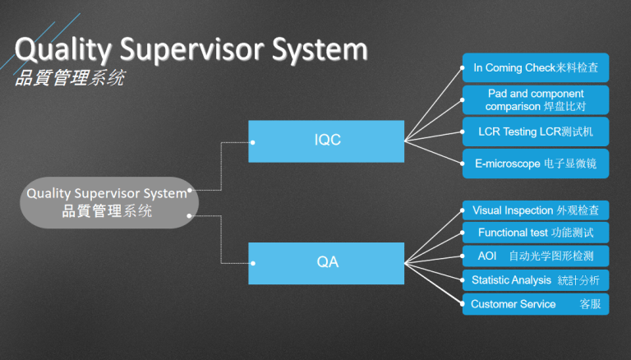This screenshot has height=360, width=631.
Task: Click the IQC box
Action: (327, 141)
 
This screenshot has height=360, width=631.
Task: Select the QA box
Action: (327, 263)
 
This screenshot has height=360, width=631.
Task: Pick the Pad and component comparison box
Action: (535, 100)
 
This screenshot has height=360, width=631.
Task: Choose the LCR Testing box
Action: (535, 132)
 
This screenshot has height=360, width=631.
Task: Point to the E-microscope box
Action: (535, 164)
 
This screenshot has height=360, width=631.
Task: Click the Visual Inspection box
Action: (535, 210)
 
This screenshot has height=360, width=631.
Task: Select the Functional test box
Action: (535, 233)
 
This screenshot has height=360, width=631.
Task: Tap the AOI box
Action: (535, 256)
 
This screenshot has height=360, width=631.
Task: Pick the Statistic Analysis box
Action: (535, 280)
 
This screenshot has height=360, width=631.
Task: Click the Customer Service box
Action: (535, 304)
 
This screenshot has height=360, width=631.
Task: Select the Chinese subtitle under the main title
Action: (70, 81)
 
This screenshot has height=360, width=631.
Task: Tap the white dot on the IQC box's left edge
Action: (252, 141)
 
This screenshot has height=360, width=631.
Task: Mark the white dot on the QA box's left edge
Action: (252, 264)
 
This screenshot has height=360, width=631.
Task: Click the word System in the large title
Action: (322, 51)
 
